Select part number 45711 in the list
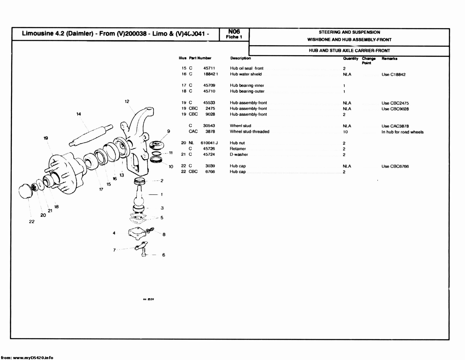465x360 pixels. click(x=209, y=68)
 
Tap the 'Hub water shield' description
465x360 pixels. click(x=246, y=74)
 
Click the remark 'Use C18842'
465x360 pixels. click(x=393, y=74)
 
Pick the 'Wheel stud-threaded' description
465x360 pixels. click(x=249, y=132)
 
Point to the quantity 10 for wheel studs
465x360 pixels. click(x=345, y=132)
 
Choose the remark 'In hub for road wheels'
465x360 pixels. click(x=402, y=132)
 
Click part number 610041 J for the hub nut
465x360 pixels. click(x=209, y=143)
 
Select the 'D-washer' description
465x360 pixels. click(x=239, y=154)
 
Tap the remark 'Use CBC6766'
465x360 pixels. click(x=395, y=166)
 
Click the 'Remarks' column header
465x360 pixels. click(x=389, y=59)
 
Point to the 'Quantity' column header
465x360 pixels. click(x=350, y=59)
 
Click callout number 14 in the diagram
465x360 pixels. click(x=79, y=114)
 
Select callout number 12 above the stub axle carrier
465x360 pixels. click(x=127, y=101)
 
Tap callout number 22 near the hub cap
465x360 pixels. click(x=32, y=222)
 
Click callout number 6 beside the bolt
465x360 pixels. click(x=164, y=255)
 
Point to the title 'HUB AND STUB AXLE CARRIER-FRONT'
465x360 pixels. click(x=349, y=51)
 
